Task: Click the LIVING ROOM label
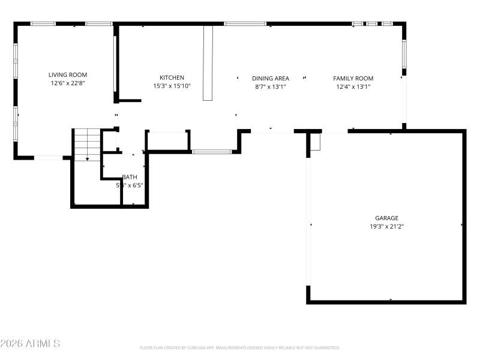tap(72, 75)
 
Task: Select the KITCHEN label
tap(172, 77)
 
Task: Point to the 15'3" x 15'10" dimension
tap(172, 86)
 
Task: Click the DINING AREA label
tap(271, 78)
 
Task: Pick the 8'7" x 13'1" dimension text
tap(271, 86)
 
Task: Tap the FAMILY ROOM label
tap(353, 78)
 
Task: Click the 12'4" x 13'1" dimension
tap(353, 86)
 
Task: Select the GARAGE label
tap(387, 218)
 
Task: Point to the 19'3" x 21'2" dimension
tap(387, 227)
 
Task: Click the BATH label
tap(130, 177)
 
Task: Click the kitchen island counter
tap(208, 62)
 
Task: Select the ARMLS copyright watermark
tap(30, 344)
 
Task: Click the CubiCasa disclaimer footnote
tap(240, 347)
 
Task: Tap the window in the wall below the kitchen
tap(212, 152)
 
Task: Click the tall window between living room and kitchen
tap(115, 63)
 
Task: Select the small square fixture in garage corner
tap(316, 142)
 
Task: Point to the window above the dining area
tap(245, 24)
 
